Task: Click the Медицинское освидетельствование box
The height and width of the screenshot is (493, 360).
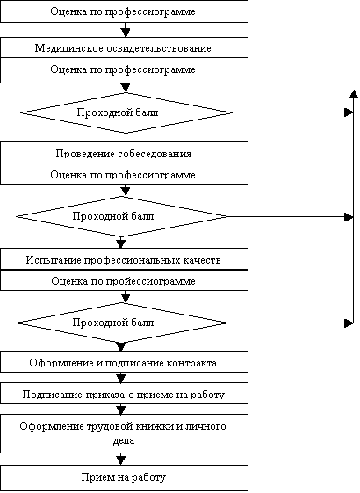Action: pos(124,47)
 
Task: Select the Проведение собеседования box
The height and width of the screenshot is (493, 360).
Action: pos(124,153)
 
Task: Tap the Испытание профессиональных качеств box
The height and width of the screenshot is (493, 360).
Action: pos(124,258)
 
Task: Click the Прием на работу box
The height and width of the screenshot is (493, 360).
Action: pos(124,478)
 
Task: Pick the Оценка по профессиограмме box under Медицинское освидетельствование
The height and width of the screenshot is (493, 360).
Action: pos(124,70)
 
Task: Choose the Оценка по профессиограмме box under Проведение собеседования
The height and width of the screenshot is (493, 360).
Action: pos(124,173)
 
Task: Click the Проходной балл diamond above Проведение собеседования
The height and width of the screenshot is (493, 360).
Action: pos(126,112)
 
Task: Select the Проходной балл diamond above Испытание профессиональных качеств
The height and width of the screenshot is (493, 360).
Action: pos(121,217)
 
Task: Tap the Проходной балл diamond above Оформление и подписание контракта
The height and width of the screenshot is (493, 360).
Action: pos(121,323)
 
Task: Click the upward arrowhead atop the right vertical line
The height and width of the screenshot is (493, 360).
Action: pos(354,93)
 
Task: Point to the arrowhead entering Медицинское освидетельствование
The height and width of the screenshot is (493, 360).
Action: pos(126,33)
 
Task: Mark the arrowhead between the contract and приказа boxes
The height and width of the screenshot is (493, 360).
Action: pos(121,379)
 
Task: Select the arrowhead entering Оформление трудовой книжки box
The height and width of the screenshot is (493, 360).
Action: pos(121,410)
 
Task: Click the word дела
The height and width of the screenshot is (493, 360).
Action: pos(124,440)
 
